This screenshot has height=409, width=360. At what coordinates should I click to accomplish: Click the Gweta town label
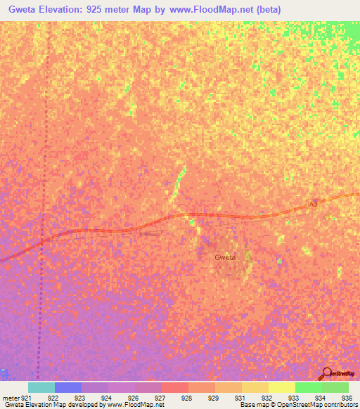[225, 257]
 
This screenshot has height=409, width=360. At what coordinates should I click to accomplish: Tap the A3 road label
[314, 204]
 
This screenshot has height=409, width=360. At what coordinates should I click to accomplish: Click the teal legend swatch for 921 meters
[41, 387]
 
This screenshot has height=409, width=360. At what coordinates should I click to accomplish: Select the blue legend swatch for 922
[68, 387]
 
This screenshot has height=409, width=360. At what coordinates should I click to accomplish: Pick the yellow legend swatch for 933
[282, 387]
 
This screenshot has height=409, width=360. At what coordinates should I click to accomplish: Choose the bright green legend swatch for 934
[309, 387]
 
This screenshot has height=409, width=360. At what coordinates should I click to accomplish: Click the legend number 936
[346, 398]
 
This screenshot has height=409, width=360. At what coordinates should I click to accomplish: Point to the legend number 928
[186, 398]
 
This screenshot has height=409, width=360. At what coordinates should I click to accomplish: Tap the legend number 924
[106, 398]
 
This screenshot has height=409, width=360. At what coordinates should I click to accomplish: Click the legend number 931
[240, 398]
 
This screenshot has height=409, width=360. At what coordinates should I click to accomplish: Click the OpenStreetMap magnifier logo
[326, 373]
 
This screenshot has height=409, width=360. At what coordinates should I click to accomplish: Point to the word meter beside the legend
[10, 398]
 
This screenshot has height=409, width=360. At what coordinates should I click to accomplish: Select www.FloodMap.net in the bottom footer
[133, 405]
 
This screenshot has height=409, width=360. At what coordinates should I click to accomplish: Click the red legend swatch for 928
[175, 387]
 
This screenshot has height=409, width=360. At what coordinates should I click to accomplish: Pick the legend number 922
[53, 398]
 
